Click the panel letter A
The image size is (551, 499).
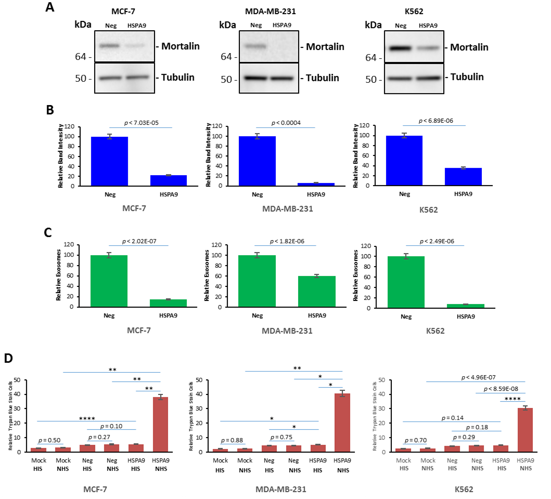tap(50, 7)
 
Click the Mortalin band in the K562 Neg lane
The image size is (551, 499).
tap(400, 48)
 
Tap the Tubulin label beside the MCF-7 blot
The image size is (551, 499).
tap(178, 77)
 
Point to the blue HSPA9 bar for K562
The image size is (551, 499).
tap(463, 177)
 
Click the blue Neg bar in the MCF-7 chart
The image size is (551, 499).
tap(109, 161)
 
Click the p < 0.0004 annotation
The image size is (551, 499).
tap(286, 123)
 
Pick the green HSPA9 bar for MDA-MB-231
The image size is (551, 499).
tap(317, 291)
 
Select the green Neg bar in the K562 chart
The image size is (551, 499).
tap(406, 282)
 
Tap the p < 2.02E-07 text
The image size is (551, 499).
tap(139, 241)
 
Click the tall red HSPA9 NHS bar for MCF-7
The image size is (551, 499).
tap(160, 424)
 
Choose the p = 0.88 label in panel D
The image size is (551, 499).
tap(232, 440)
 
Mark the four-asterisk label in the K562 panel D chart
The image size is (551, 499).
tap(512, 399)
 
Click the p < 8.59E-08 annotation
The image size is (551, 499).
tap(501, 389)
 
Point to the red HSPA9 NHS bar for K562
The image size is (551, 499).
tap(525, 430)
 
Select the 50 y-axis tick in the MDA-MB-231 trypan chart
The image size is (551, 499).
tap(199, 380)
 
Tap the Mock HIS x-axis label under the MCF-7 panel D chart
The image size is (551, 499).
tap(38, 464)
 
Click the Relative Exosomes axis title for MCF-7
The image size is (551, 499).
tap(58, 275)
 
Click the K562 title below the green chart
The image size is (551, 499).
tap(435, 331)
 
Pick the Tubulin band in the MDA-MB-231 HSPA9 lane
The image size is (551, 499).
tap(282, 78)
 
